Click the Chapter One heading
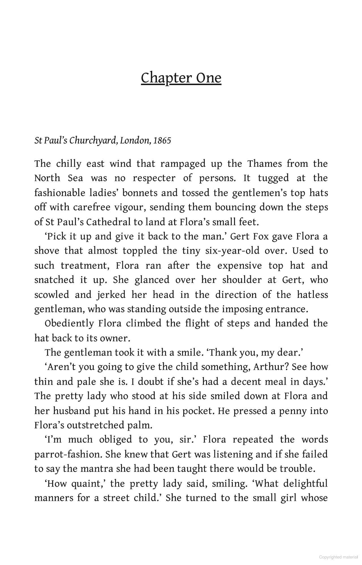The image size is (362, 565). point(181,78)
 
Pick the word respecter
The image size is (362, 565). point(154,178)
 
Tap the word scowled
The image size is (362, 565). point(52,295)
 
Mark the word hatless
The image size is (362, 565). point(312,295)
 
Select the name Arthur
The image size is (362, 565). point(270,367)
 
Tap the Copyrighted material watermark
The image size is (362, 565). point(338,557)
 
